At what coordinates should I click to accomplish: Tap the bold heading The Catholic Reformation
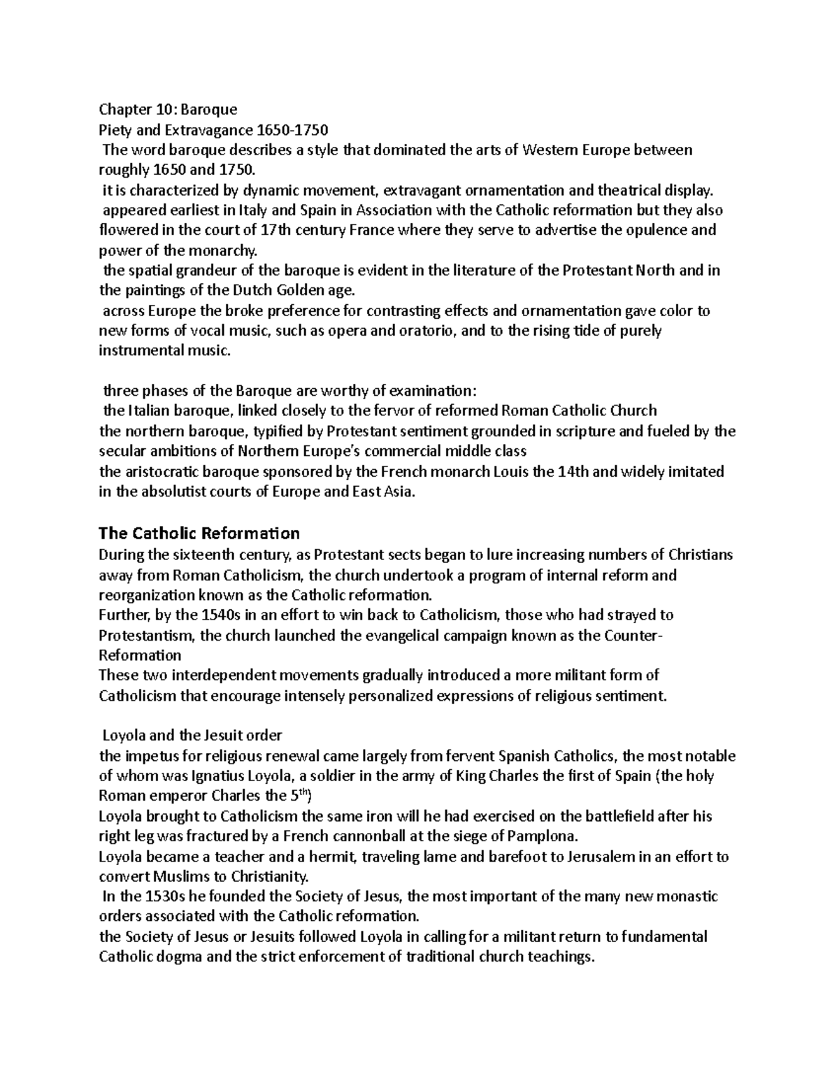coord(199,534)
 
